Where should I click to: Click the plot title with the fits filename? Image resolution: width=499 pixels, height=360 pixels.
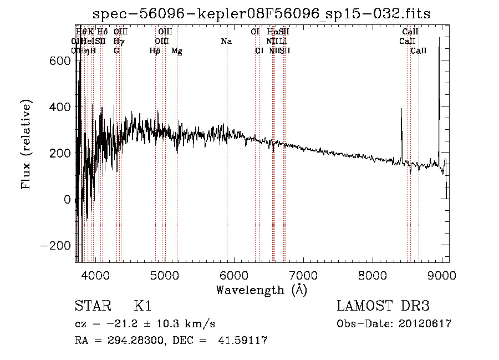(x=261, y=13)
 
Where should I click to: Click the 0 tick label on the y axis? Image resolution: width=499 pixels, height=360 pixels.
(x=67, y=199)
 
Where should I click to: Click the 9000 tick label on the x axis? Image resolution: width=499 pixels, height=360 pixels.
(x=441, y=275)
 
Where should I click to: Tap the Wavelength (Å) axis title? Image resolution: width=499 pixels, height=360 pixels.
(x=261, y=289)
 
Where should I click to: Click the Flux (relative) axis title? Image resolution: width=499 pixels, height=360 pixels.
(x=27, y=144)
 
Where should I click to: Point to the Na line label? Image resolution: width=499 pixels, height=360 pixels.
(x=226, y=41)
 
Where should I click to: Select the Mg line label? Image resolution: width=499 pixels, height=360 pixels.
(x=176, y=51)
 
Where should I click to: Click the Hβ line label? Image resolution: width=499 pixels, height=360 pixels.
(x=155, y=51)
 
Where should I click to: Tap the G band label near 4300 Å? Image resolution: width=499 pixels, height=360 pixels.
(x=116, y=51)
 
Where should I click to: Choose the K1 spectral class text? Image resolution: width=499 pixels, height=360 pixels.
(x=142, y=306)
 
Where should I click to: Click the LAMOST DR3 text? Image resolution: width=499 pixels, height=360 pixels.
(x=383, y=306)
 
